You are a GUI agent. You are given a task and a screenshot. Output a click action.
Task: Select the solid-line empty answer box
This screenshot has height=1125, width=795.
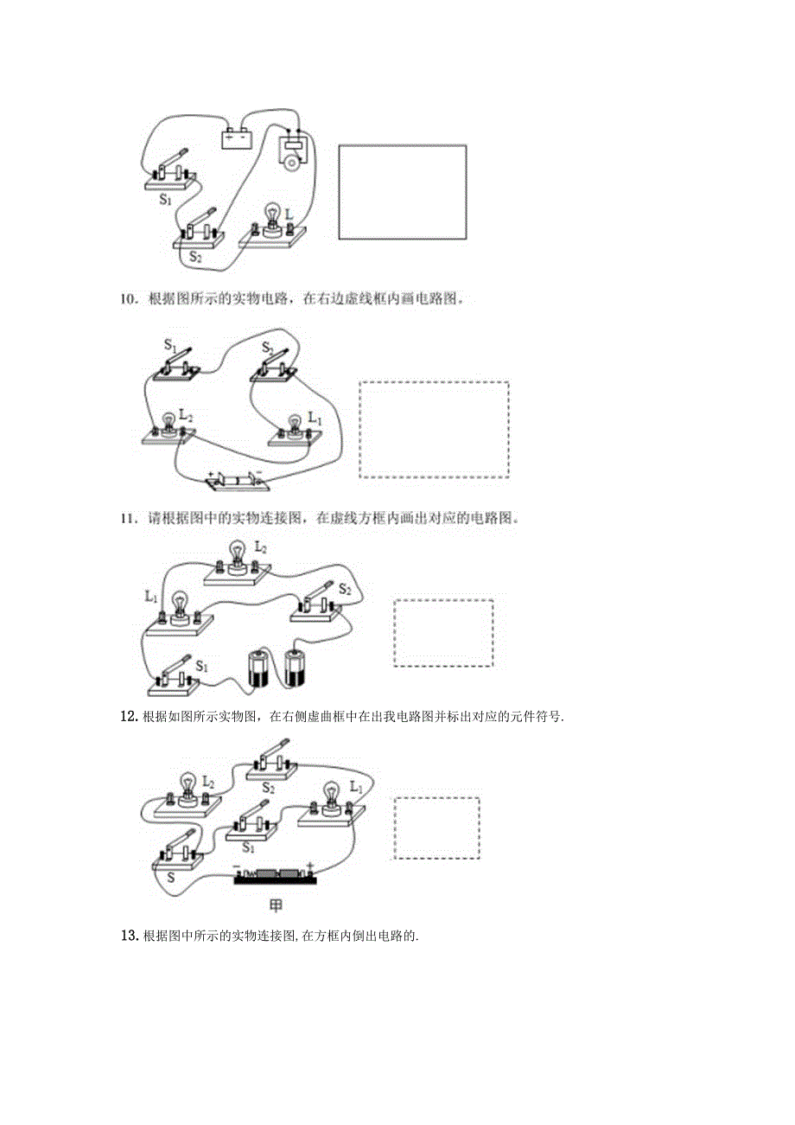[402, 192]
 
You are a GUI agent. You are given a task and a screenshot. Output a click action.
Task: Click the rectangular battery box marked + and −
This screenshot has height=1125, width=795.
[237, 137]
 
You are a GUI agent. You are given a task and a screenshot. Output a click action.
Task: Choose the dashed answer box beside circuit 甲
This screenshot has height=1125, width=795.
[436, 828]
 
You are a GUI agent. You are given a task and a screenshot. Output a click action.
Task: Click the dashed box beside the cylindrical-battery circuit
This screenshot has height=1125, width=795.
[443, 633]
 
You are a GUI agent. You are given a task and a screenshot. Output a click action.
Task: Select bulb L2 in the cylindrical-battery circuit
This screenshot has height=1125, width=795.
[238, 559]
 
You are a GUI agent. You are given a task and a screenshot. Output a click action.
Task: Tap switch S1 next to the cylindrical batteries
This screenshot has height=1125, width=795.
[175, 676]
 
